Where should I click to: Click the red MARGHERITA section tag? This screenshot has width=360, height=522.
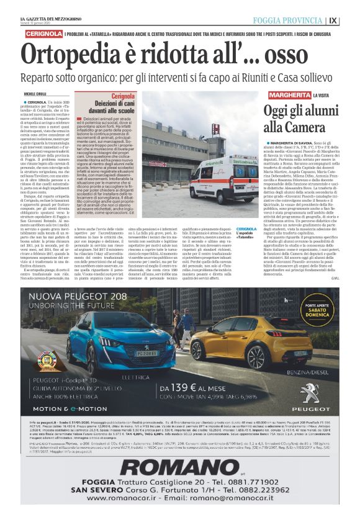click(290, 95)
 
